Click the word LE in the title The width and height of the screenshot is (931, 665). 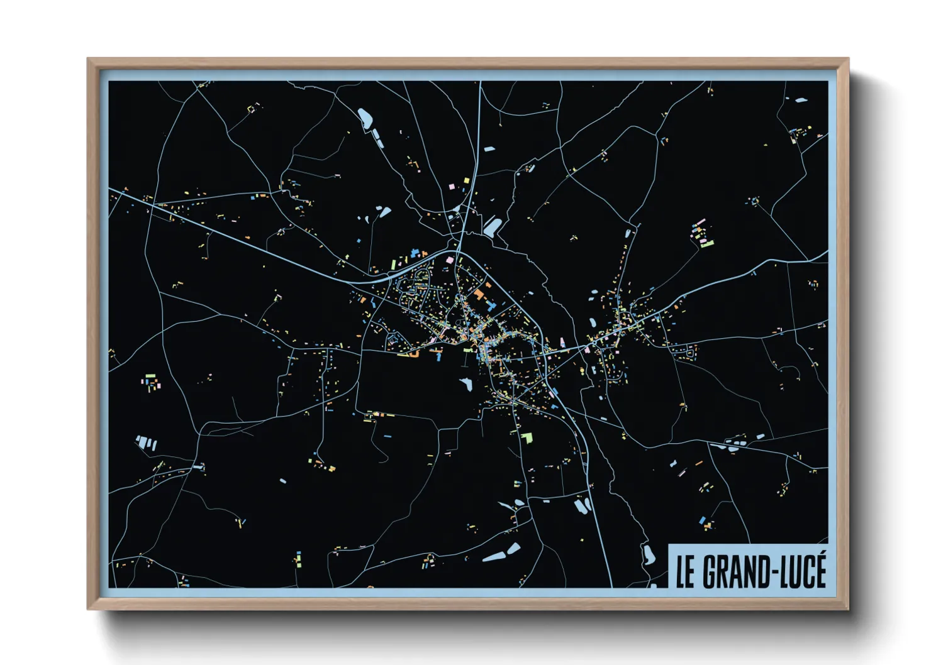tap(686, 571)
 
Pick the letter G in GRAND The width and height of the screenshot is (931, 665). tap(709, 571)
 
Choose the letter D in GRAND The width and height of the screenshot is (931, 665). tap(760, 571)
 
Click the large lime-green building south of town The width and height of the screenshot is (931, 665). tap(526, 436)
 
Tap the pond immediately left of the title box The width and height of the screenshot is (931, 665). tap(648, 554)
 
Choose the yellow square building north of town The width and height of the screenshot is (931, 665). tap(466, 181)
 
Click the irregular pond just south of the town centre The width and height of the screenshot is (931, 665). tap(466, 383)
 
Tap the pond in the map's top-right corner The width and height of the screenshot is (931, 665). tap(800, 99)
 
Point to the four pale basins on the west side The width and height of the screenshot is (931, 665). tap(147, 443)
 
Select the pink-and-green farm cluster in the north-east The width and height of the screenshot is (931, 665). tap(702, 234)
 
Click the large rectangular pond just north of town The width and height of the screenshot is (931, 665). tap(493, 226)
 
